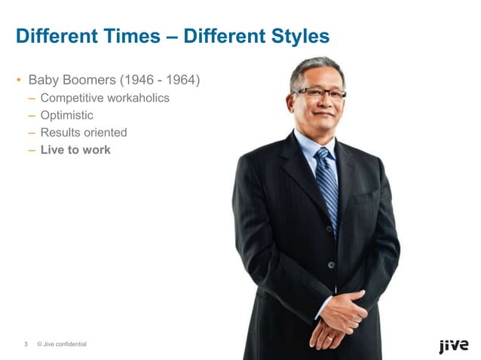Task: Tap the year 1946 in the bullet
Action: pyautogui.click(x=134, y=79)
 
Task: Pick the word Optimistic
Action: pyautogui.click(x=67, y=115)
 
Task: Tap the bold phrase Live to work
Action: pyautogui.click(x=75, y=150)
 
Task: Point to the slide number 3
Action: pyautogui.click(x=26, y=345)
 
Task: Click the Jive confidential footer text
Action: pyautogui.click(x=63, y=345)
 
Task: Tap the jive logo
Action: pyautogui.click(x=454, y=346)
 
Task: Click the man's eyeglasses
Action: pyautogui.click(x=319, y=93)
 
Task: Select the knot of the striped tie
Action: pyautogui.click(x=323, y=155)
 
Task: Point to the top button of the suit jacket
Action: pyautogui.click(x=330, y=264)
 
